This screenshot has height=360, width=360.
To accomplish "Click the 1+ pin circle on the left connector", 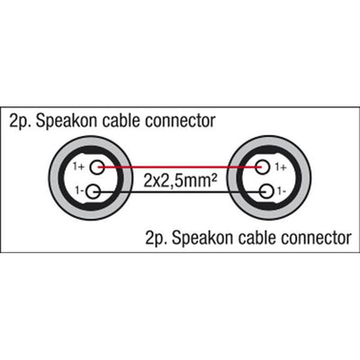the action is pos(97,167).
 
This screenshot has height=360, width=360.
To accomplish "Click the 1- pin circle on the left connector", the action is pos(94,192).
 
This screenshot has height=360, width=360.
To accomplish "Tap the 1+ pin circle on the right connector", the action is pos(263,167).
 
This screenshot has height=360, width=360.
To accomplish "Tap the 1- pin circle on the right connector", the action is pos(266,192).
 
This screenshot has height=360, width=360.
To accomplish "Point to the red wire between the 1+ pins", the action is pos(180,167).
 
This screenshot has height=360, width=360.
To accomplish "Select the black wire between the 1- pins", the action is pos(180,192).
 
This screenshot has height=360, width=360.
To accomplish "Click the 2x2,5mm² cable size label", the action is pos(180,180).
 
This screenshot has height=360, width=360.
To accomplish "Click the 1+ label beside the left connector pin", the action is pos(79,166).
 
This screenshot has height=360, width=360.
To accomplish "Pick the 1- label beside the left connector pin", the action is pos(79,190).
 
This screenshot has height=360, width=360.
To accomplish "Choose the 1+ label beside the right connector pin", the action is pos(281,167).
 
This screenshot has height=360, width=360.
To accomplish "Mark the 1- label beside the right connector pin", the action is pos(280,191).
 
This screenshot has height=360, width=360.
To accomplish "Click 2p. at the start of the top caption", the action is pos(20,121).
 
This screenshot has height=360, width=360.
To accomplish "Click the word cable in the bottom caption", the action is pos(257,238).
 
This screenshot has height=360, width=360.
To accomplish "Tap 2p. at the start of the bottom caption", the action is pos(157,238).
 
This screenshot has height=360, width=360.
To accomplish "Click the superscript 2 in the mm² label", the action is pos(214,176).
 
